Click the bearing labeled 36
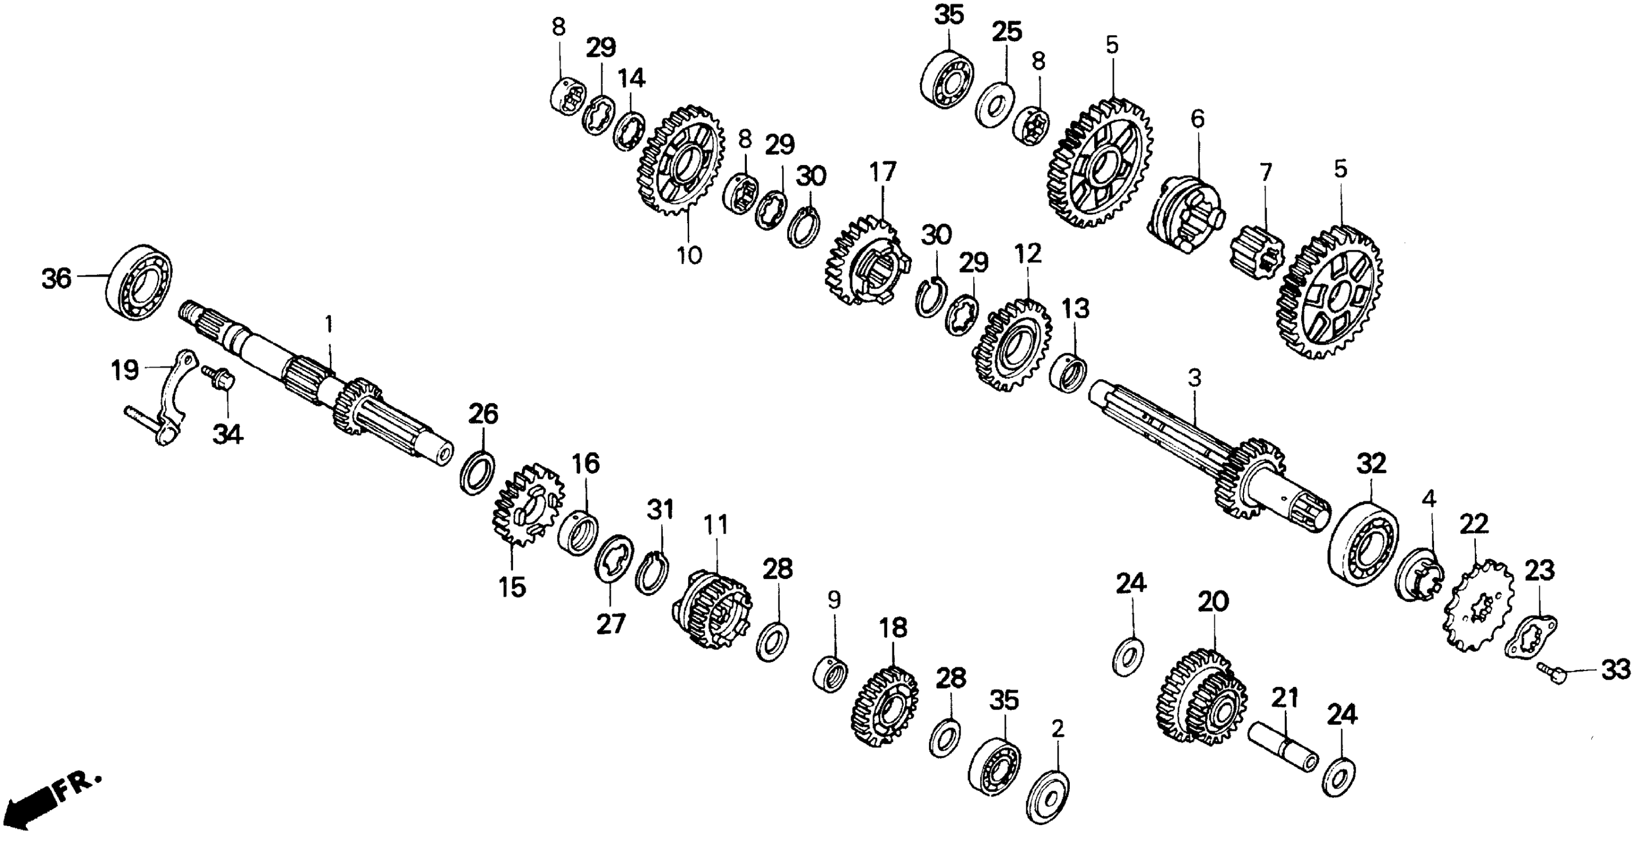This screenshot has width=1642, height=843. click(x=139, y=282)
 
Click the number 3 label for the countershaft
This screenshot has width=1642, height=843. click(x=1194, y=378)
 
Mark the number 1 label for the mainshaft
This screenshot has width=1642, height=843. click(x=329, y=324)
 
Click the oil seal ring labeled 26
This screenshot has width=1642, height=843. click(x=477, y=472)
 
